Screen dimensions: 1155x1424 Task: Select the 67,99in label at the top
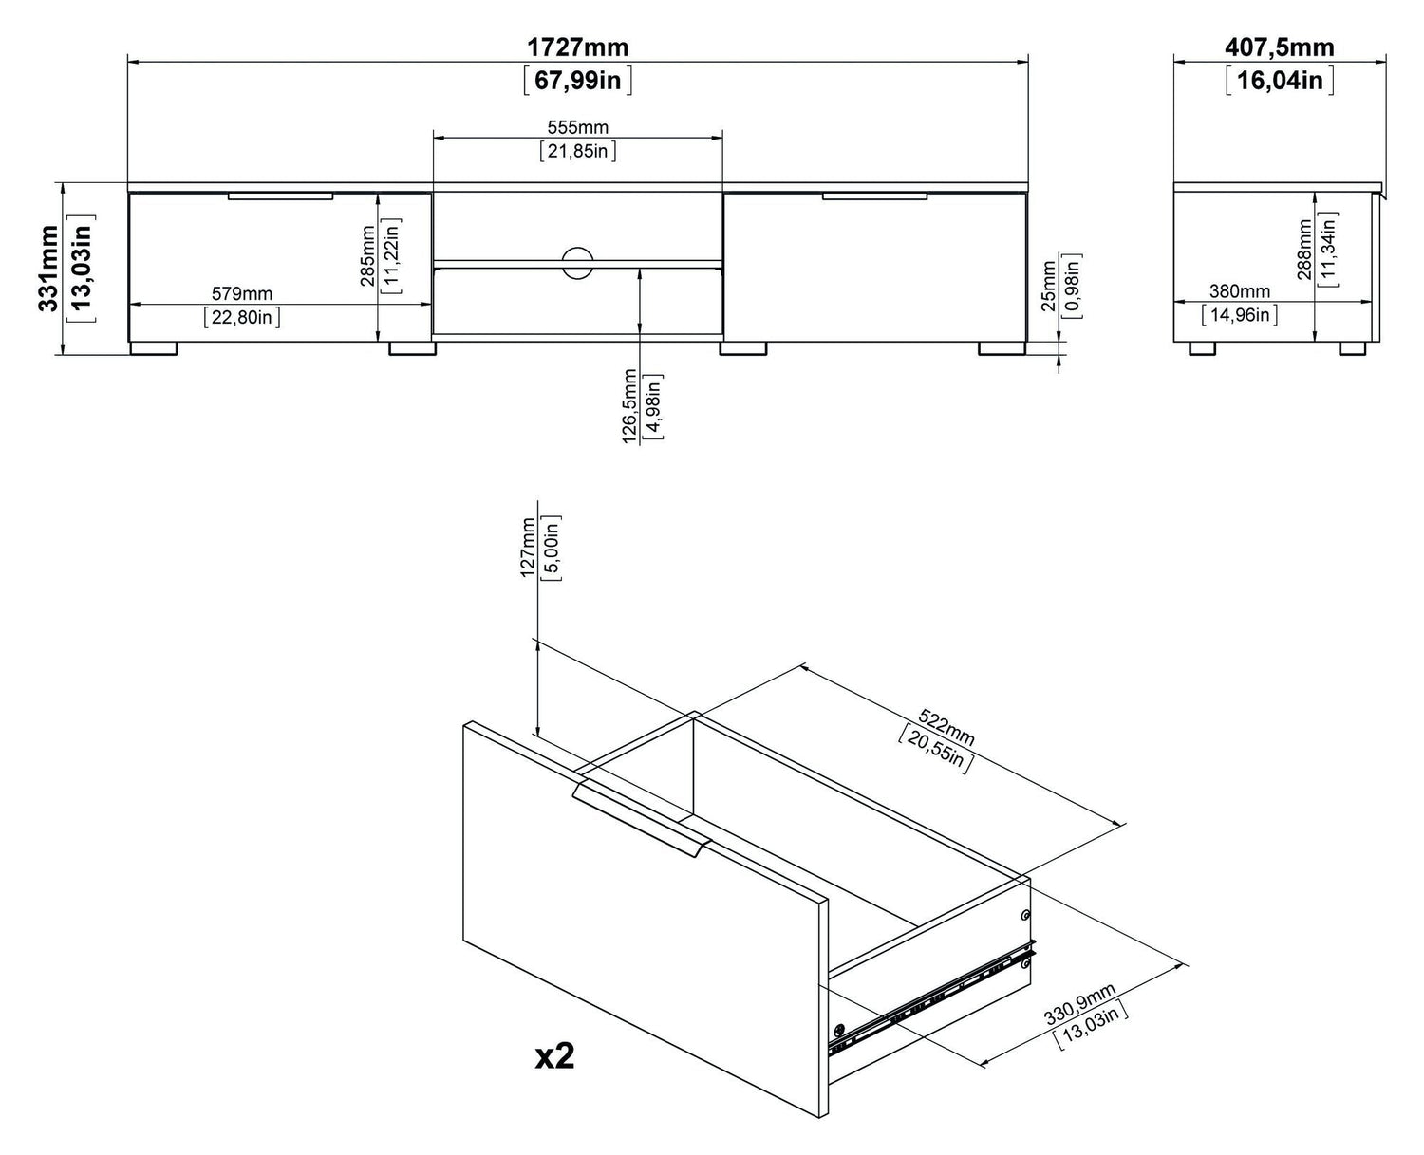[x=577, y=80]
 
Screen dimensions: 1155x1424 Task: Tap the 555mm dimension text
[x=577, y=127]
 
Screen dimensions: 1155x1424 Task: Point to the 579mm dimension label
[x=242, y=294]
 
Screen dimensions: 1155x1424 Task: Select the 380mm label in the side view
[x=1239, y=291]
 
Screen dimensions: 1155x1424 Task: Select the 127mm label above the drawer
[x=528, y=549]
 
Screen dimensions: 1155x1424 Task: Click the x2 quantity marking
[x=554, y=1056]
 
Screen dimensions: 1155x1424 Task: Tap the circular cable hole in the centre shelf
[x=576, y=263]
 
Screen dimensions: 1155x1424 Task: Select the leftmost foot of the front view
[x=153, y=348]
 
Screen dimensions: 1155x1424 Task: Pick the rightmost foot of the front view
[x=1002, y=348]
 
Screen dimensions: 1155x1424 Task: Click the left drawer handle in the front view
[x=280, y=196]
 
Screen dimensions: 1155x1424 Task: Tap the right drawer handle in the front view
[x=874, y=196]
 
